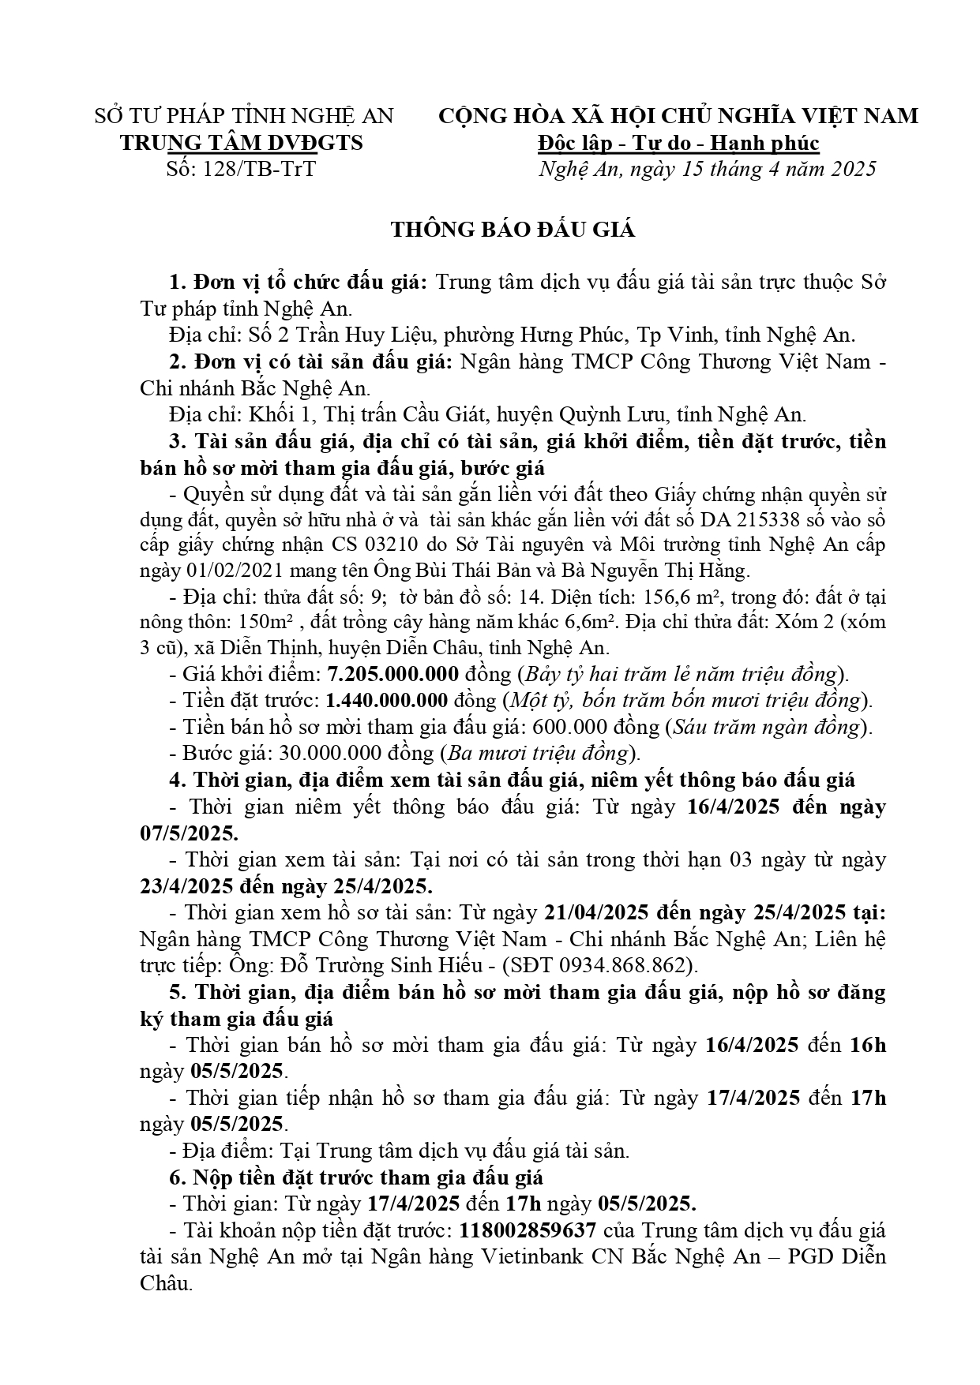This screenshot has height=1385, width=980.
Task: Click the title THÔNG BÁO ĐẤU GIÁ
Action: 513,230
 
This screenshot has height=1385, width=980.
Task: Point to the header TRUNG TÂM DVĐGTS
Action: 241,143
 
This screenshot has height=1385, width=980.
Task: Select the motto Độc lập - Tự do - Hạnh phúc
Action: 678,143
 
